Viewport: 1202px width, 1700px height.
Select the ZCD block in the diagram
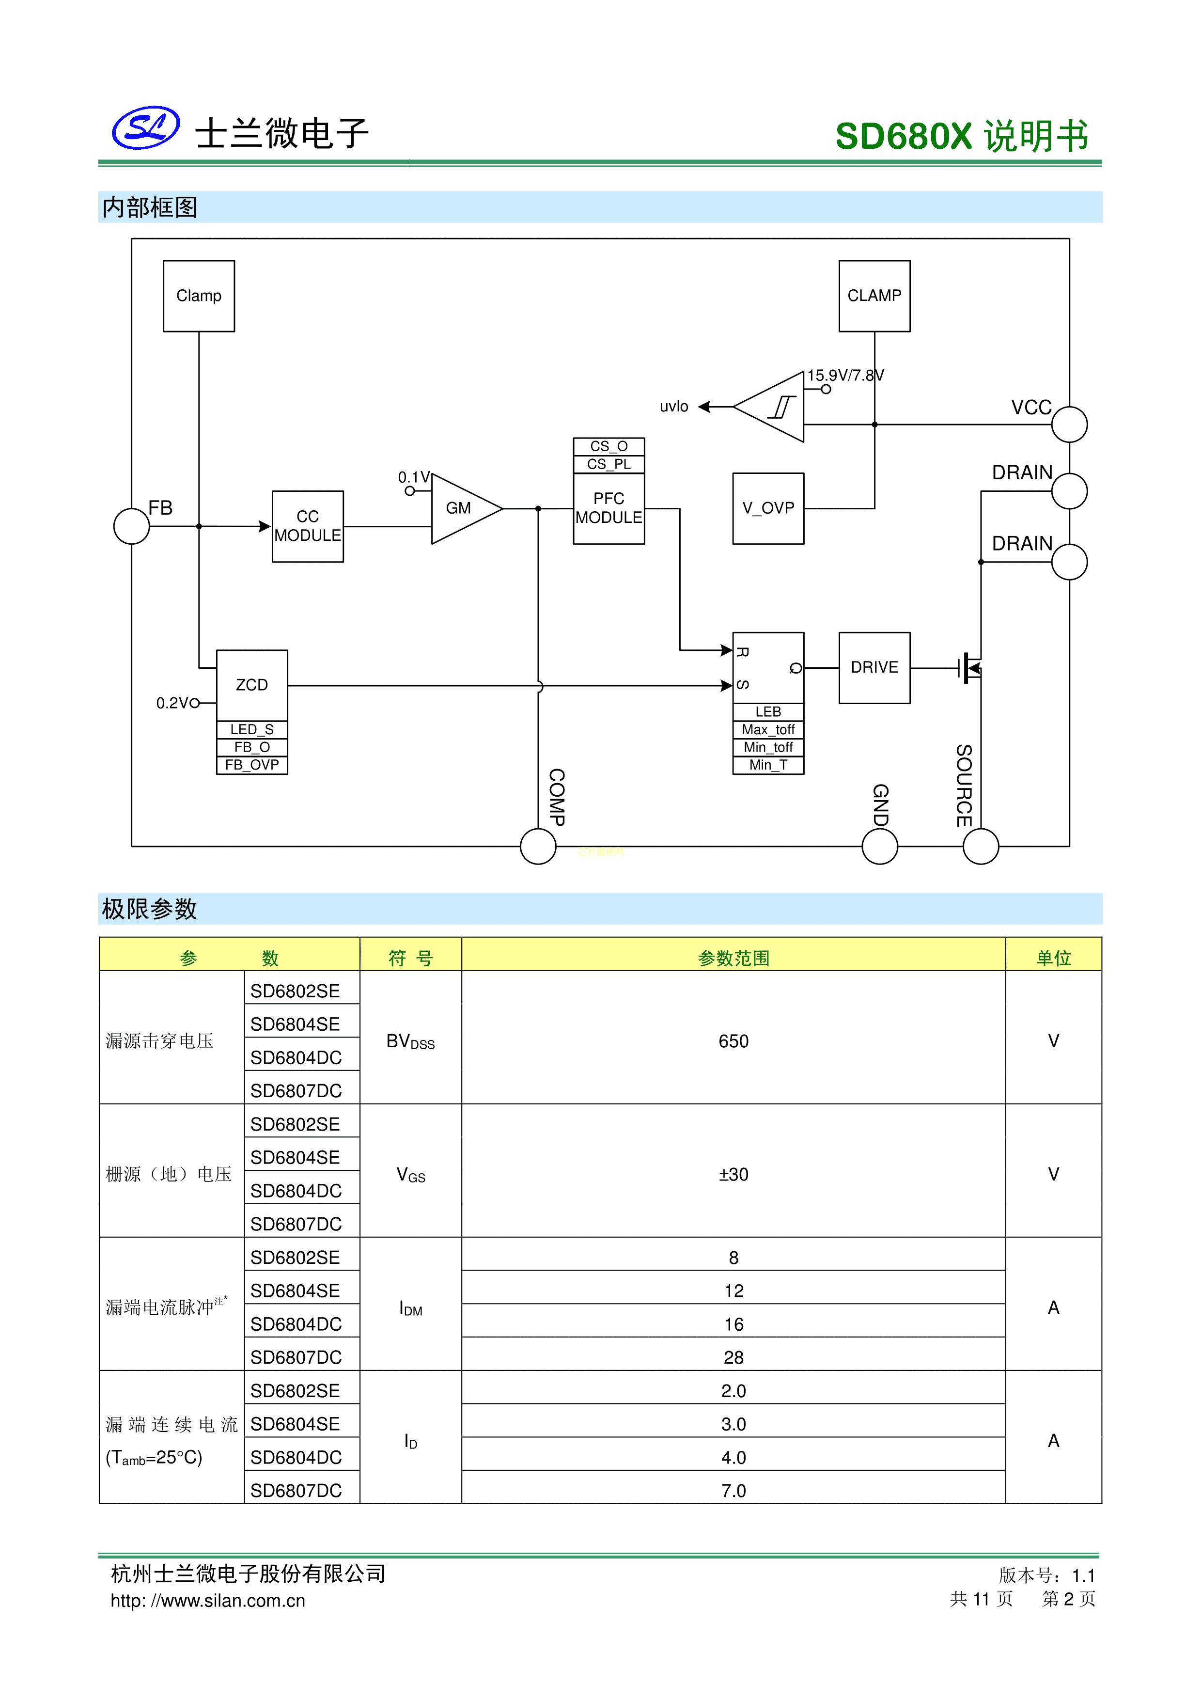coord(251,685)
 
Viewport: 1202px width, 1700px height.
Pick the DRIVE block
coord(874,667)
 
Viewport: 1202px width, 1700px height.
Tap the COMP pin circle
coord(538,846)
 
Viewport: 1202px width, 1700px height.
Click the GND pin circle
coord(880,846)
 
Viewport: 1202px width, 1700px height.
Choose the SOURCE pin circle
coord(981,846)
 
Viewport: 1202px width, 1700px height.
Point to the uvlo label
coord(673,407)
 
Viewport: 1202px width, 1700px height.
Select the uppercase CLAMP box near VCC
coord(874,296)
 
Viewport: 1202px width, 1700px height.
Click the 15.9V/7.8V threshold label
coord(845,376)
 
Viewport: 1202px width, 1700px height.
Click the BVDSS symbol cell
coord(410,1041)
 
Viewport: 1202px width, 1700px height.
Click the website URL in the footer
coord(208,1601)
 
